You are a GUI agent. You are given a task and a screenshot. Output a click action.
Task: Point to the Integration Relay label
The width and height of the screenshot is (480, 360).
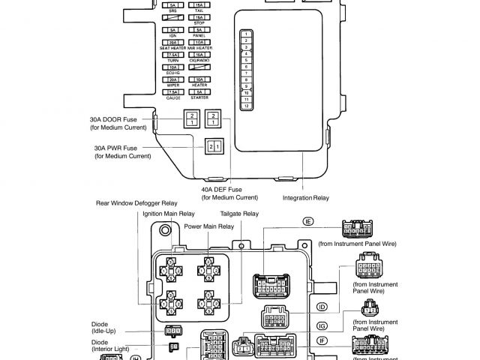coord(305,198)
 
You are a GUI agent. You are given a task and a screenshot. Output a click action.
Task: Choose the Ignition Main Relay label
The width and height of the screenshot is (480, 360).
coord(169,214)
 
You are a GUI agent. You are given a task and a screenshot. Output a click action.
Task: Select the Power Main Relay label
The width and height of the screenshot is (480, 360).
coord(209,226)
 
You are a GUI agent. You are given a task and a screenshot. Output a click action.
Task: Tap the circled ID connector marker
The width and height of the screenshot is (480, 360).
coord(322,307)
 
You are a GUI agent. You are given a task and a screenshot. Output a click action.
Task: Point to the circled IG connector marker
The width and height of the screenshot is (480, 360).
coord(322,325)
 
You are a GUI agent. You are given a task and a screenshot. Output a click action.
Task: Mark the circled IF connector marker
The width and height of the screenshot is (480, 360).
coord(322,341)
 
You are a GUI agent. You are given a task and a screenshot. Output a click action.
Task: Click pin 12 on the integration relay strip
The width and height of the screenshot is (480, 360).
coord(245,106)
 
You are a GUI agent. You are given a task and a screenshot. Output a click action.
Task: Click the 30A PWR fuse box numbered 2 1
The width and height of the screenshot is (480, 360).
coord(214,145)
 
